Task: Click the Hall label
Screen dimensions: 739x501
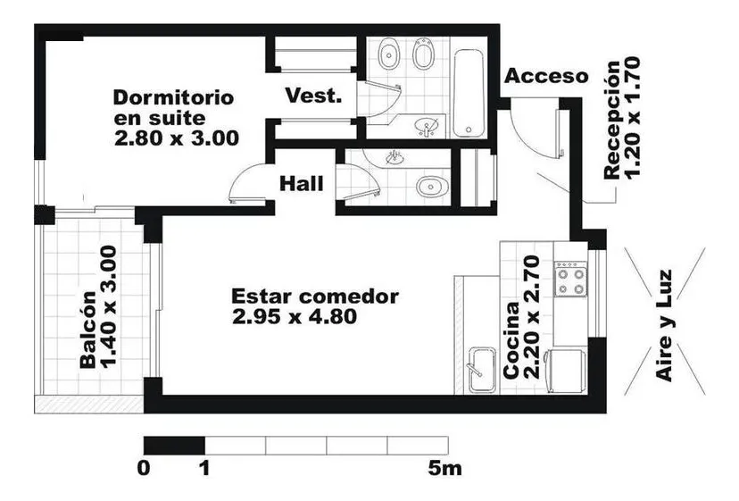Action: pyautogui.click(x=302, y=183)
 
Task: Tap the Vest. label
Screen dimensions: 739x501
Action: pyautogui.click(x=313, y=96)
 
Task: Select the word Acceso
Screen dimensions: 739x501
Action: pyautogui.click(x=547, y=76)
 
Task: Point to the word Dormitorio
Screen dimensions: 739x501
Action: pyautogui.click(x=173, y=97)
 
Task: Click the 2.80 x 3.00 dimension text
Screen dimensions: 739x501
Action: pyautogui.click(x=177, y=138)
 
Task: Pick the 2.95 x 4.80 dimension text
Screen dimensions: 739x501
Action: pyautogui.click(x=295, y=316)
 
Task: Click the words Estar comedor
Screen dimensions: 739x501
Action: pyautogui.click(x=315, y=296)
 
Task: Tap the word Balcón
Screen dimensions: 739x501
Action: pyautogui.click(x=88, y=330)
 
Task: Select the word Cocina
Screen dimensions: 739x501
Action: pyautogui.click(x=511, y=340)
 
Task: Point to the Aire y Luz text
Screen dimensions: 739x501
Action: pyautogui.click(x=664, y=325)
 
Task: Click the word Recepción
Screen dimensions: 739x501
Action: pyautogui.click(x=611, y=121)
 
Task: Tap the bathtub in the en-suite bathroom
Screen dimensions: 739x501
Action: pyautogui.click(x=469, y=93)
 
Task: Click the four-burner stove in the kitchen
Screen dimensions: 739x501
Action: pyautogui.click(x=570, y=280)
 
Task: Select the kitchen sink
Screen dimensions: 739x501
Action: pyautogui.click(x=483, y=371)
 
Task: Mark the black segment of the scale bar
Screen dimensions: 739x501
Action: pyautogui.click(x=174, y=446)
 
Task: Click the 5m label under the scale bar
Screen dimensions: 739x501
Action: pyautogui.click(x=444, y=469)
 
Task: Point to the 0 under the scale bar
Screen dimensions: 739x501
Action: pyautogui.click(x=144, y=469)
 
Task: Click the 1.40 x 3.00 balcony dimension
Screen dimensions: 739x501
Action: pyautogui.click(x=109, y=307)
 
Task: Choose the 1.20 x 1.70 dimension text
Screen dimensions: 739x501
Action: pyautogui.click(x=632, y=118)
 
